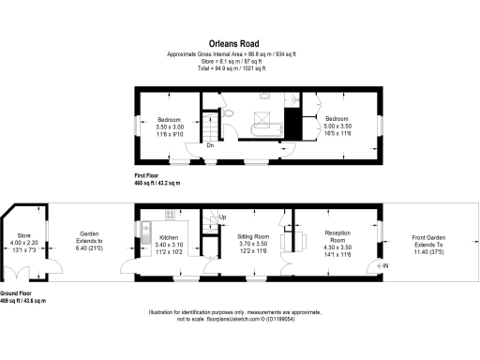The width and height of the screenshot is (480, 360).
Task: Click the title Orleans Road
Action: pos(240,42)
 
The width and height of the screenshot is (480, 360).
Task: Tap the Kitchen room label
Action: pos(169,238)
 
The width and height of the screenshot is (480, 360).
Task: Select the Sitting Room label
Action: pos(255,237)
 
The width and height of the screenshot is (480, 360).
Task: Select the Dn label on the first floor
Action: pos(210,144)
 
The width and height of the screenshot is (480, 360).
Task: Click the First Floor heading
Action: pos(152,175)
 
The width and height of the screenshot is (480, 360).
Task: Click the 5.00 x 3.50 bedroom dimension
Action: pos(337,128)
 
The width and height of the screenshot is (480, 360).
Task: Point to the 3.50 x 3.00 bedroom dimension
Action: pos(170,128)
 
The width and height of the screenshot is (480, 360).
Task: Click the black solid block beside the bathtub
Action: pos(292,122)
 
